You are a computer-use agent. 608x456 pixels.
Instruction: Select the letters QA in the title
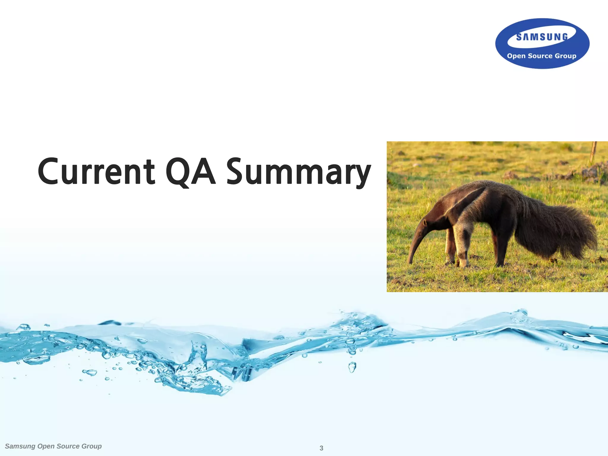tap(190, 172)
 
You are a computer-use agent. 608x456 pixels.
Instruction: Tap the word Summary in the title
tap(298, 172)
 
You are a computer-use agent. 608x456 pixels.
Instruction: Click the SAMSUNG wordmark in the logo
tap(542, 37)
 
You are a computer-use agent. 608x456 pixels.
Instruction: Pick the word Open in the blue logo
tap(516, 56)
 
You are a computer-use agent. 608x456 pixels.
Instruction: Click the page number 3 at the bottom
tap(321, 448)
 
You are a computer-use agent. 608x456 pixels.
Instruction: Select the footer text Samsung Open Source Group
tap(53, 446)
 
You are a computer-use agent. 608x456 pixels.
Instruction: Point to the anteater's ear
tap(425, 222)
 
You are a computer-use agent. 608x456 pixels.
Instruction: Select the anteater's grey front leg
tap(462, 240)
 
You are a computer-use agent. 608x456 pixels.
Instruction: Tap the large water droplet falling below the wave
tap(352, 367)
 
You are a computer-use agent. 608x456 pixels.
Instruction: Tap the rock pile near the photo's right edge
tap(594, 172)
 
